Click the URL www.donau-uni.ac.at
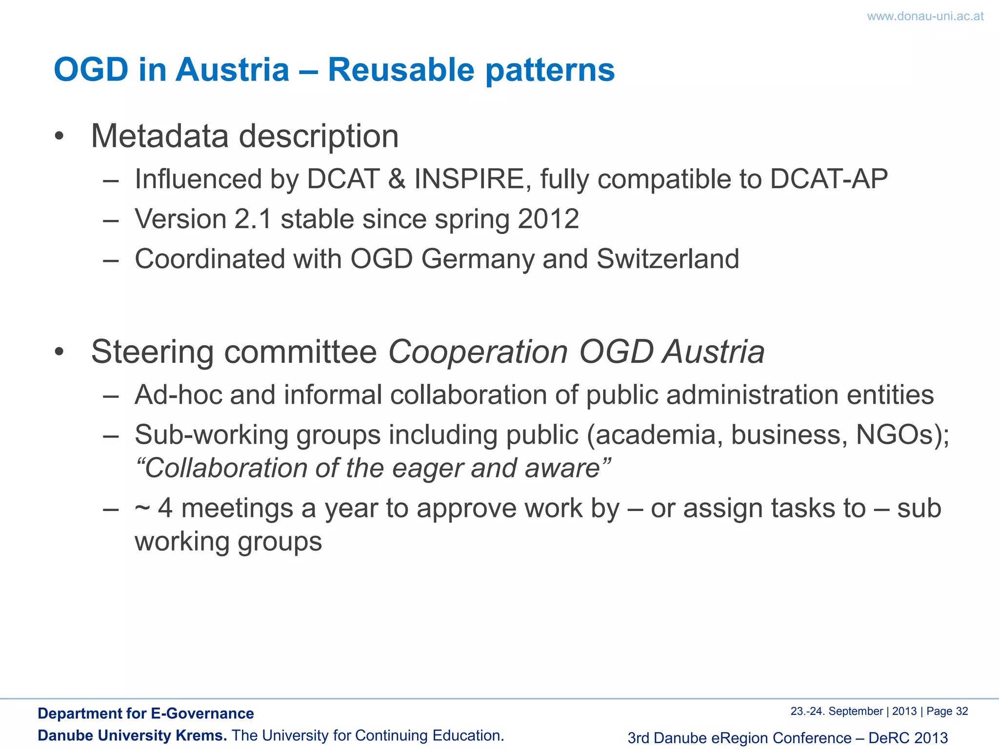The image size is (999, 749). coord(925,16)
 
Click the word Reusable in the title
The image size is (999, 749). coord(401,70)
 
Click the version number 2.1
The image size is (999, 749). coord(253,219)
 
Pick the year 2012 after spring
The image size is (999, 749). coord(548,219)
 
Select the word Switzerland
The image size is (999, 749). coord(668,258)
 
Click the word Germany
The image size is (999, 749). coord(478,259)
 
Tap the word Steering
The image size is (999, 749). coord(152,352)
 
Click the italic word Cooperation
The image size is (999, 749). coord(478,352)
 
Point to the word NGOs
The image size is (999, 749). coord(898,434)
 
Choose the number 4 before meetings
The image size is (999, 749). coord(165,508)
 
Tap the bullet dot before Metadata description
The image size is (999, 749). coord(59,136)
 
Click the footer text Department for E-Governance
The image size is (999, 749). coord(145,713)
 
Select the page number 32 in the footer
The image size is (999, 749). coord(961,711)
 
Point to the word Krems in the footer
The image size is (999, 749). coord(200,735)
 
